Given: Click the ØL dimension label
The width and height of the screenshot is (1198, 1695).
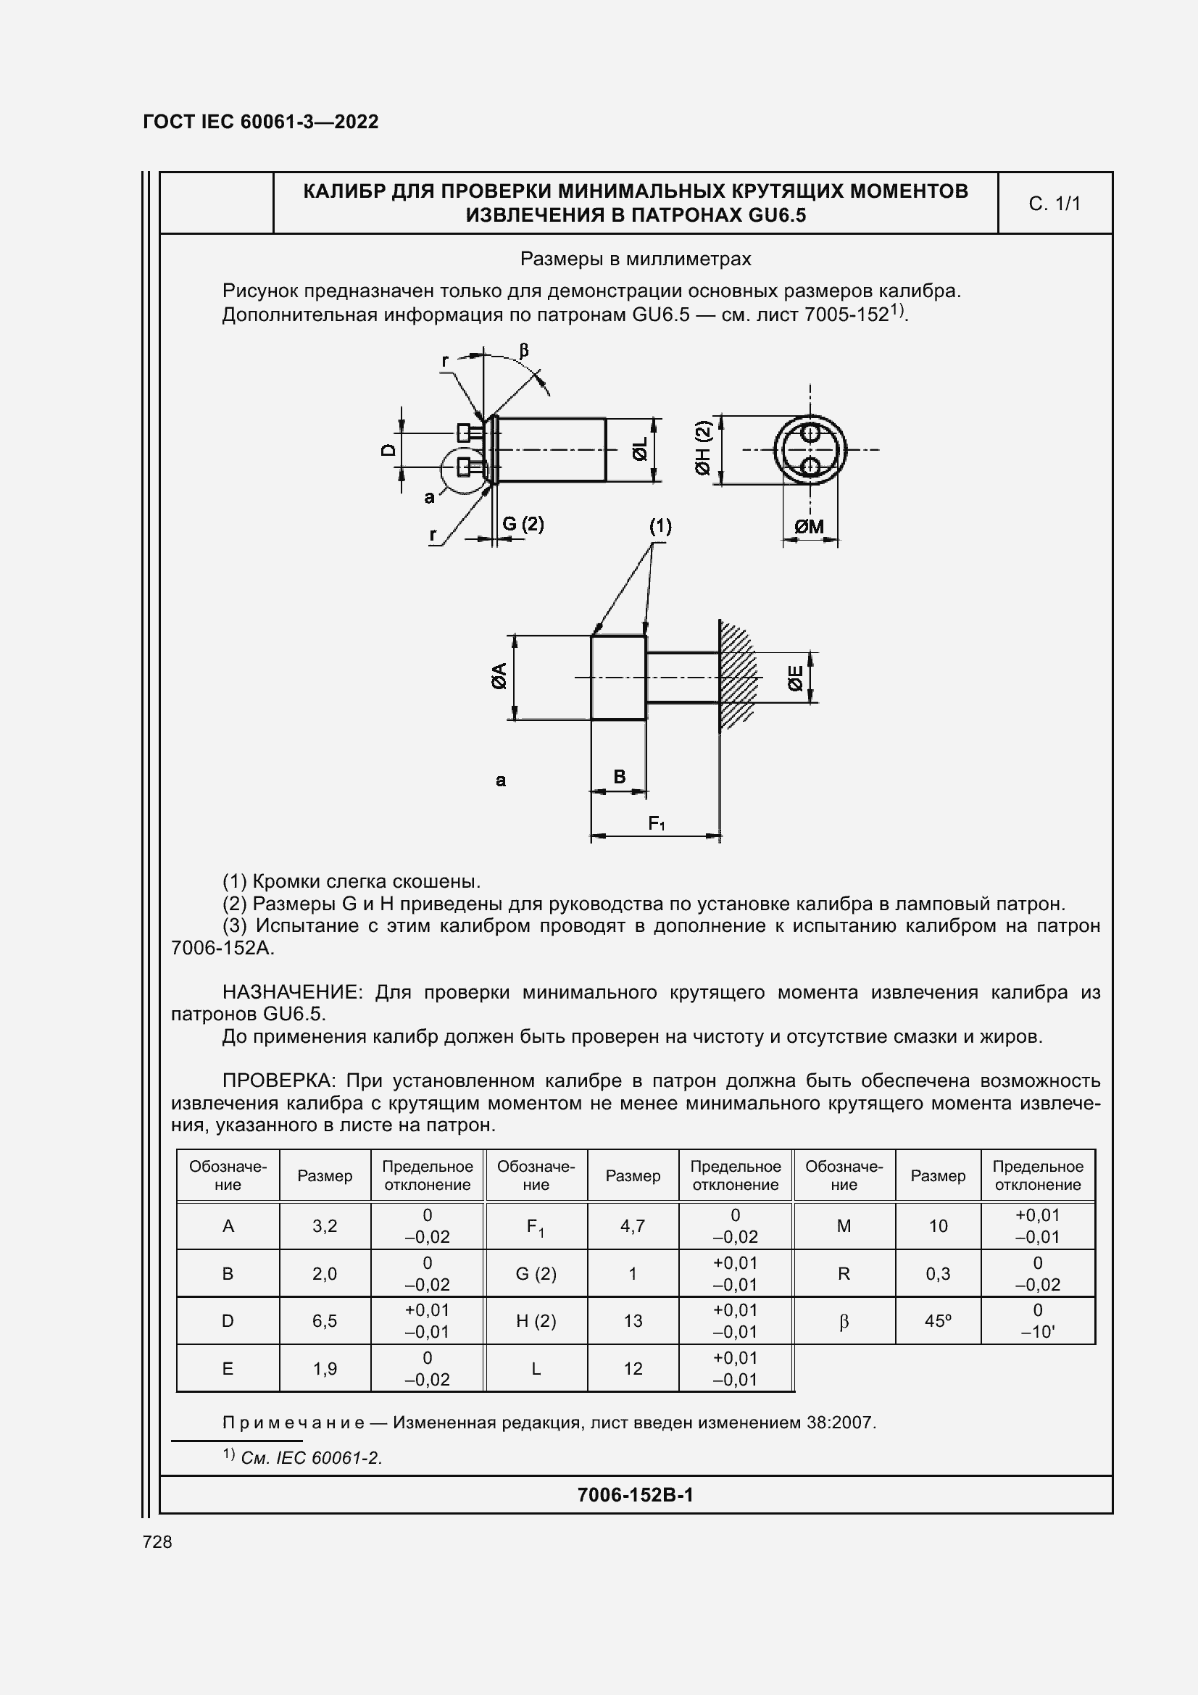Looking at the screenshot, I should (640, 449).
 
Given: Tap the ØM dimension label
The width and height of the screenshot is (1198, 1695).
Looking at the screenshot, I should (809, 526).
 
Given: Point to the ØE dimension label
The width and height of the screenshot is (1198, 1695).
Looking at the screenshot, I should (796, 678).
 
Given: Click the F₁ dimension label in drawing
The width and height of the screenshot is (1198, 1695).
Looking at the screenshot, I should (656, 823).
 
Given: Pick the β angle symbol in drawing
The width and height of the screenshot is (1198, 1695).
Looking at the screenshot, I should (524, 350).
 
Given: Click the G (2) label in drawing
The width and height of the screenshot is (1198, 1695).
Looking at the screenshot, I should (523, 524).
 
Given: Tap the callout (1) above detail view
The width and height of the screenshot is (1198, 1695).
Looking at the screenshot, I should (660, 526).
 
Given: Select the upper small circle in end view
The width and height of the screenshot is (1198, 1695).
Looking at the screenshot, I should (810, 433).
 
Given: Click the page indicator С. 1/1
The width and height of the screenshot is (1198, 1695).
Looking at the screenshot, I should (1054, 204).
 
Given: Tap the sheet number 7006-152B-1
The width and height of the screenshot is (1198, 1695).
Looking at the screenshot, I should (635, 1495).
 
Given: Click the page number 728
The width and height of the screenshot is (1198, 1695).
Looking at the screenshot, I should (157, 1542).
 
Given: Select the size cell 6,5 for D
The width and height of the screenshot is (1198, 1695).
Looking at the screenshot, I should (325, 1321).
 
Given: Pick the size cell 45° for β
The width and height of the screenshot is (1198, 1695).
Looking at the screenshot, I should (937, 1321).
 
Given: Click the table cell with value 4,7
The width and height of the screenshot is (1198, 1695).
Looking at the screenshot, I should (633, 1226).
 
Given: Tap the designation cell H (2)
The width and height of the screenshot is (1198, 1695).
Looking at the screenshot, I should (536, 1321).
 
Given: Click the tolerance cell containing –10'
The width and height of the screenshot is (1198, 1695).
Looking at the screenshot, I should (1037, 1331).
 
